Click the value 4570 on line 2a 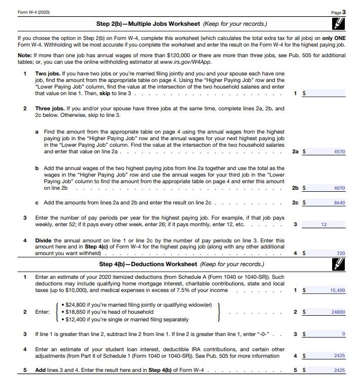coord(340,151)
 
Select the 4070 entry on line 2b coord(340,188)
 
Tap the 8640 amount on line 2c coord(340,203)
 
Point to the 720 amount coord(341,253)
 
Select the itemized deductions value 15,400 coord(337,290)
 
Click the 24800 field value coord(338,312)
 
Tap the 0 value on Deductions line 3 coord(343,334)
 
